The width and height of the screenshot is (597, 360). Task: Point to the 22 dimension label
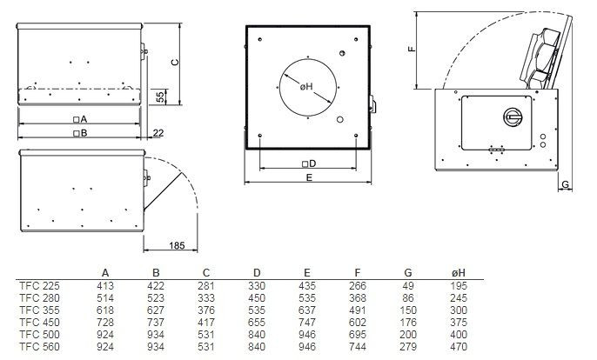pyautogui.click(x=158, y=132)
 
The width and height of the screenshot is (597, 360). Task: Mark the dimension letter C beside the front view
pyautogui.click(x=173, y=62)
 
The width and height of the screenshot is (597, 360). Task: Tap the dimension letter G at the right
pyautogui.click(x=565, y=185)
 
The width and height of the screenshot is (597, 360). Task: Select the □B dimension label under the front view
pyautogui.click(x=80, y=132)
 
